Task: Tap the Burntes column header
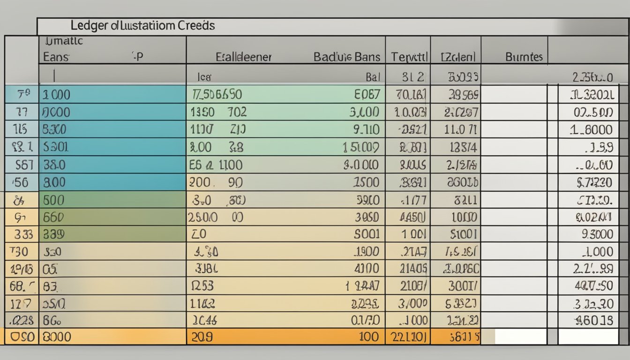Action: tap(524, 57)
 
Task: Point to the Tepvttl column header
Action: tap(409, 57)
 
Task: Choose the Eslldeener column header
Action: tap(243, 57)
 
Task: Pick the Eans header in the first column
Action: tap(56, 57)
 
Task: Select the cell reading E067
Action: tap(367, 95)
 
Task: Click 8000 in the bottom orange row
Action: tap(57, 337)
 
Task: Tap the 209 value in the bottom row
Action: tap(202, 337)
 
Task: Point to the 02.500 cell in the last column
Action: tap(592, 112)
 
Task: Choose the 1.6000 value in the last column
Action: tap(591, 130)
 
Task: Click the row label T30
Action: tap(19, 252)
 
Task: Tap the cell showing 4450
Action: tap(412, 217)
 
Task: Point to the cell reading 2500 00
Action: tap(216, 217)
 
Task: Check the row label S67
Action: tap(24, 165)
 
